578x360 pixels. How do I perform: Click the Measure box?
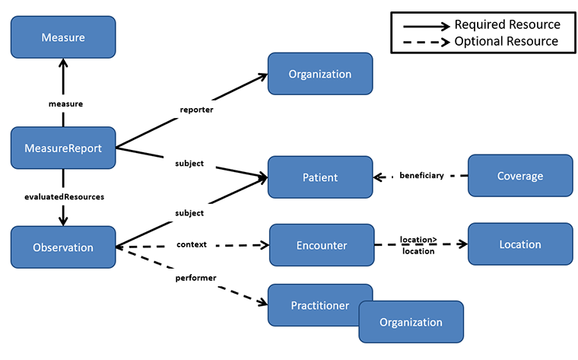(63, 37)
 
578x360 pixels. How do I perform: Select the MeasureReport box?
(63, 148)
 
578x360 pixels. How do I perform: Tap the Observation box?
(63, 247)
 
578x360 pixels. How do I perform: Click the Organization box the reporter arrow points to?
(320, 74)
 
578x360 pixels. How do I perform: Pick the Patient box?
(320, 177)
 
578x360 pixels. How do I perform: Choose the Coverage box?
(520, 176)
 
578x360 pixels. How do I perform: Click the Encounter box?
(322, 245)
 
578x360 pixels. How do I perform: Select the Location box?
(520, 244)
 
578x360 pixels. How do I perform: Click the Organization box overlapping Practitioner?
(411, 322)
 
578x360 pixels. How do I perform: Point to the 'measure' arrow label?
(63, 103)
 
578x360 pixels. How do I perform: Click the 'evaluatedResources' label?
(63, 196)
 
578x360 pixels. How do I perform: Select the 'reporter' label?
(196, 109)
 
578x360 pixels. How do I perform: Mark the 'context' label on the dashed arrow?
(192, 245)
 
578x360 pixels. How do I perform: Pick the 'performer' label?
(197, 279)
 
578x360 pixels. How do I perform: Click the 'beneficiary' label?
(422, 176)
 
